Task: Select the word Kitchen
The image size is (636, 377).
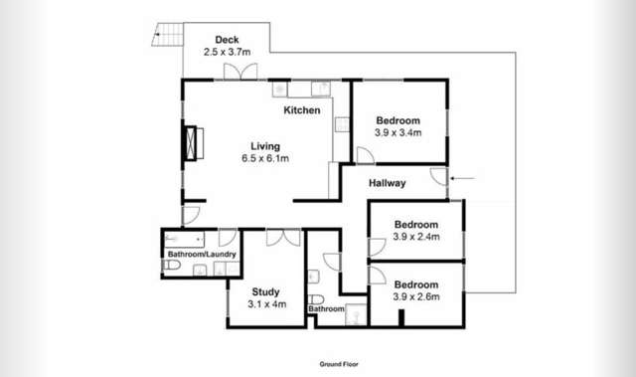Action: pos(302,110)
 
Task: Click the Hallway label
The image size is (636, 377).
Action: pos(387,183)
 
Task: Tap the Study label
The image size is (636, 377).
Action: pos(266,291)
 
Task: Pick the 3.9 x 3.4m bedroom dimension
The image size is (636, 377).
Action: pos(398,131)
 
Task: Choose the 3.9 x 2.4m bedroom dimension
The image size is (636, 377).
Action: pos(416,237)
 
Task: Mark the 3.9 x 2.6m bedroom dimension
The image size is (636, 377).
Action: pos(416,295)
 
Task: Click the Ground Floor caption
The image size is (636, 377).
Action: pos(339,364)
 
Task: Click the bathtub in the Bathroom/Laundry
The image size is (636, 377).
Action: pos(185,239)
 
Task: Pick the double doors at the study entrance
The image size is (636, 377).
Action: pos(284,237)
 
